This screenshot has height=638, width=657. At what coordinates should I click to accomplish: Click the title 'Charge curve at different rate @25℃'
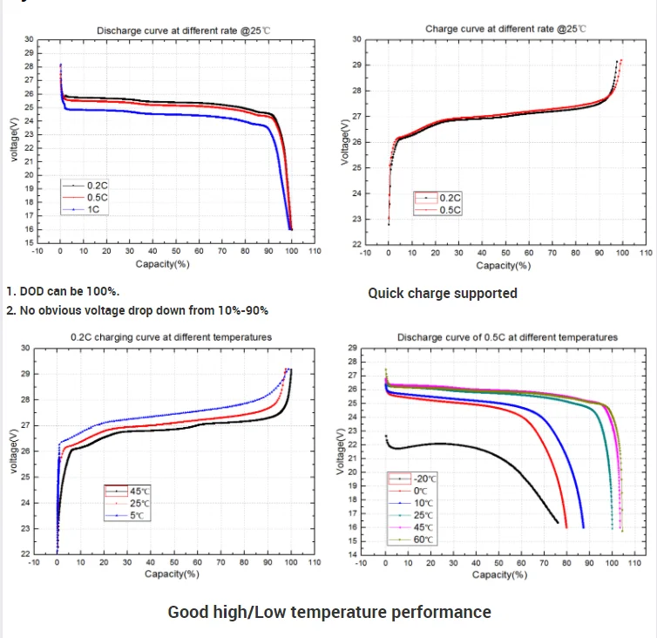505,29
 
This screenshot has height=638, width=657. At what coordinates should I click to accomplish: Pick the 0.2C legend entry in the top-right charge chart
450,199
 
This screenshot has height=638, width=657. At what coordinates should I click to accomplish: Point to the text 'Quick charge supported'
442,293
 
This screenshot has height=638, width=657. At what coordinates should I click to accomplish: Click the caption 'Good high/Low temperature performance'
329,612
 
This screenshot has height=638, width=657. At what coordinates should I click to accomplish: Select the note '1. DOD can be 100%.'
63,292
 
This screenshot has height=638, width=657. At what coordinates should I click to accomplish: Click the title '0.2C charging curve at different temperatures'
171,336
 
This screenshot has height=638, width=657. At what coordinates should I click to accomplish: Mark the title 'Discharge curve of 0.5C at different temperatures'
507,336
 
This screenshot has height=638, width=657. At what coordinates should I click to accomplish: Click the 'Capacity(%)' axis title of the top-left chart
162,262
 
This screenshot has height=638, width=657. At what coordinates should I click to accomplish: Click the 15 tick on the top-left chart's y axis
30,242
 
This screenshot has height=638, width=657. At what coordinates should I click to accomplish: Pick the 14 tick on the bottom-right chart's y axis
352,554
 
